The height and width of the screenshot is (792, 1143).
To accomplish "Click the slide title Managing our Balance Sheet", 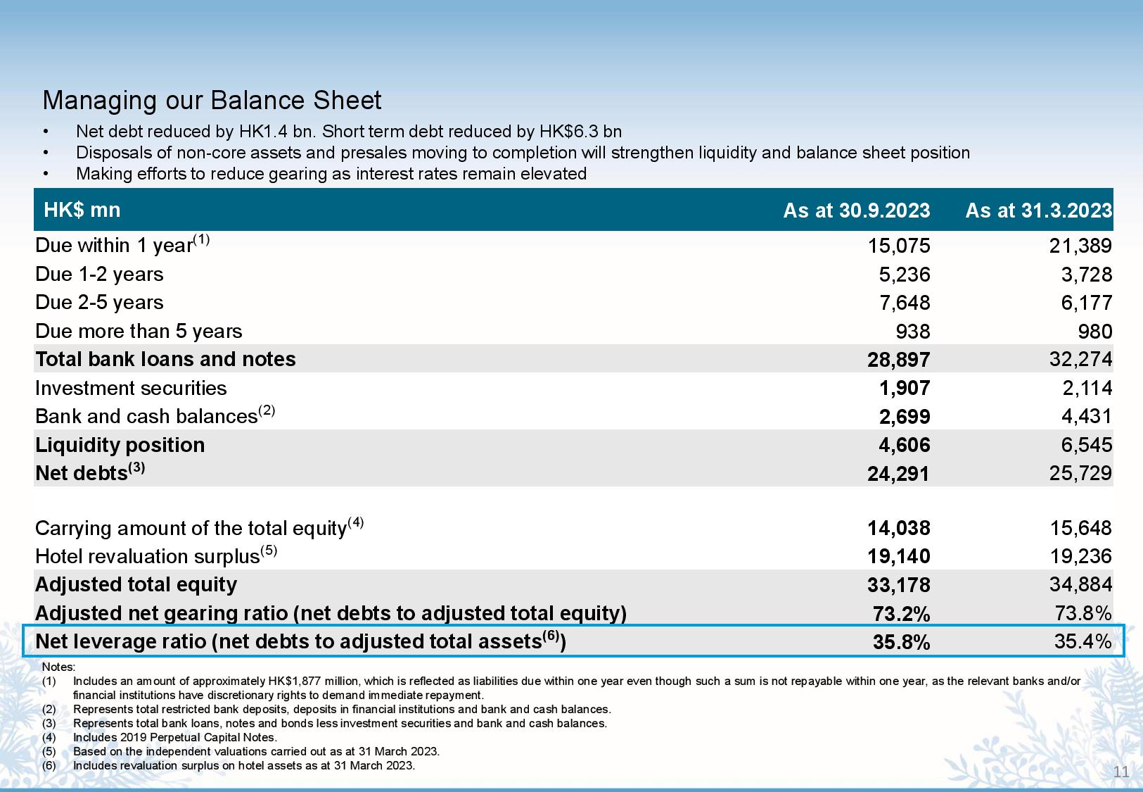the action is point(212,101).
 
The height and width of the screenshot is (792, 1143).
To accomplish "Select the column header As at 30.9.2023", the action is point(856,210).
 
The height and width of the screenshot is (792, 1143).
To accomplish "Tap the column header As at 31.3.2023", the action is point(1038,210).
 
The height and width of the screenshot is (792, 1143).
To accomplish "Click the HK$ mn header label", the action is point(82,210).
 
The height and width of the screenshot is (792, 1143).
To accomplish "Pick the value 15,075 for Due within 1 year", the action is point(899,246).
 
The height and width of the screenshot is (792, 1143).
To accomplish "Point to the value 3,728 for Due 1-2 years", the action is point(1086,275).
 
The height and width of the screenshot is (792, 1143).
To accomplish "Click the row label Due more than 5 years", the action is point(139,332).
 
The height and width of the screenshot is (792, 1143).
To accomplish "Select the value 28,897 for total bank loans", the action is point(899,360).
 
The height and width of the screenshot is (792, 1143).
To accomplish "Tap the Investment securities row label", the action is point(131,388).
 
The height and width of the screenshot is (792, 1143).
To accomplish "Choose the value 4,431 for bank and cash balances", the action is point(1086,416).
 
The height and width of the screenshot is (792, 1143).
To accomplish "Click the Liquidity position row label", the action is point(120,445).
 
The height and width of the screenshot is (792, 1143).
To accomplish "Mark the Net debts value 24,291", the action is point(898,474).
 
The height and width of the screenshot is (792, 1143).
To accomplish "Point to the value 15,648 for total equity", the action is point(1080,528).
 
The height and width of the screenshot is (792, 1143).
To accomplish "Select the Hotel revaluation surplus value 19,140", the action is point(899,556).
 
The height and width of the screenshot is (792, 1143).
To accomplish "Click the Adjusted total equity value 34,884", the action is point(1080,584).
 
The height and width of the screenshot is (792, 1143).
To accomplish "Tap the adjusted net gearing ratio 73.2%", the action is point(901,613).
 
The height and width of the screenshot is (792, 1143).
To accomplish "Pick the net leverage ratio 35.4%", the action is point(1083,641).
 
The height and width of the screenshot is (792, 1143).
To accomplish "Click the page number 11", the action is point(1120,772).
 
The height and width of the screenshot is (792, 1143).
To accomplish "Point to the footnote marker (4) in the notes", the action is point(49,737).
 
